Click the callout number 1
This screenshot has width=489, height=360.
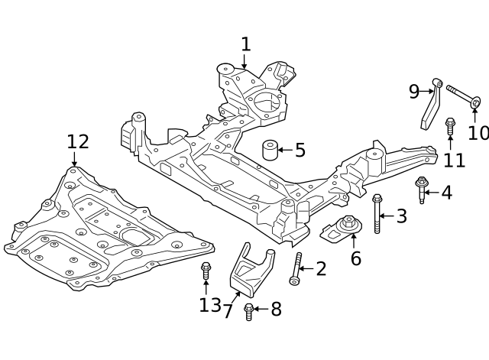(x=245, y=44)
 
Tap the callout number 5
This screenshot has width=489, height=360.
(x=300, y=150)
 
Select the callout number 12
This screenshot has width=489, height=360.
(x=77, y=141)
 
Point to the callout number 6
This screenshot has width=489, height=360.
(x=355, y=258)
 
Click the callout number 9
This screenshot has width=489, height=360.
(x=414, y=92)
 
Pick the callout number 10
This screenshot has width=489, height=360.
(x=478, y=132)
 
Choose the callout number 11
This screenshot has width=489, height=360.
(x=455, y=160)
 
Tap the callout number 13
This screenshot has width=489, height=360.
(x=209, y=306)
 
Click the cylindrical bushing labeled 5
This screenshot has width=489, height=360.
(x=269, y=149)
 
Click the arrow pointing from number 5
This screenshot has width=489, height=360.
(x=284, y=150)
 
